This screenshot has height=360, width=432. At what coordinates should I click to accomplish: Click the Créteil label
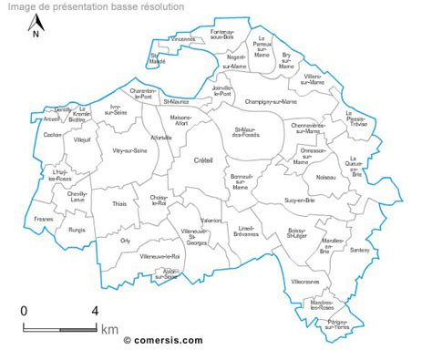[x=203, y=160]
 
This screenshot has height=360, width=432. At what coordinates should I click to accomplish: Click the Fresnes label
[x=43, y=220]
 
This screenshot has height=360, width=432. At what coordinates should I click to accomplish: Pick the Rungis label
[x=77, y=230]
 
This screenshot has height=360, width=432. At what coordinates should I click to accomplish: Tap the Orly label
[x=125, y=241]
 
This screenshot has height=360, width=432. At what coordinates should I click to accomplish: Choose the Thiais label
[x=120, y=204]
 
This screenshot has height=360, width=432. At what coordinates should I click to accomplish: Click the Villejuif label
[x=83, y=140]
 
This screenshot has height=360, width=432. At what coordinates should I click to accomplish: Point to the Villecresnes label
[x=304, y=283]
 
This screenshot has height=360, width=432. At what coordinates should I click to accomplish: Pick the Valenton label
[x=211, y=220]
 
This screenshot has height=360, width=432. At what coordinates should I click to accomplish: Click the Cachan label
[x=51, y=134]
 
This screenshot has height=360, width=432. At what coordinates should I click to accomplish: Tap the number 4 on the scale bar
[x=95, y=311]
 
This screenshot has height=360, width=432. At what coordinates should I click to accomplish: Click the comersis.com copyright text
[x=163, y=340]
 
